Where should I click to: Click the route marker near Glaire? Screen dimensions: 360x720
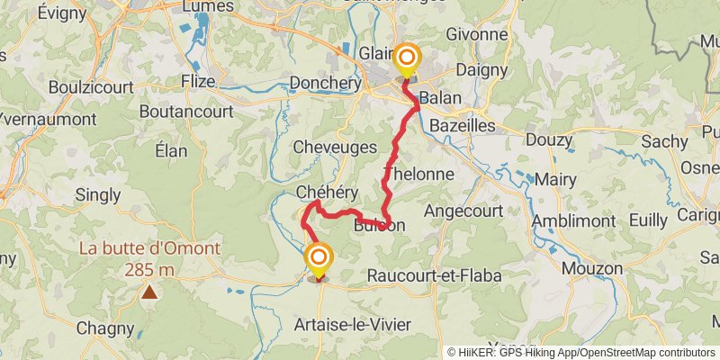click(x=407, y=60)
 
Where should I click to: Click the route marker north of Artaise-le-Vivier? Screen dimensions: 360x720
click(x=319, y=260)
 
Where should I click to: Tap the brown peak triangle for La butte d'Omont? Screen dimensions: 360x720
click(x=148, y=292)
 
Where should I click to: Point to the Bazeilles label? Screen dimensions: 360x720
click(x=463, y=125)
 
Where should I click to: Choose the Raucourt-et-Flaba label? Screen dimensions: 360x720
click(x=434, y=275)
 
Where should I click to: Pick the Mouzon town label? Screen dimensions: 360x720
click(x=591, y=268)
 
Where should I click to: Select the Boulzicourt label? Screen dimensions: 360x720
click(x=92, y=88)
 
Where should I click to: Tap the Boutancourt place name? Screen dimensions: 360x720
click(x=187, y=112)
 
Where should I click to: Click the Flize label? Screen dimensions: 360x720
click(x=197, y=81)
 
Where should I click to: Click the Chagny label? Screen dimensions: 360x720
click(x=104, y=328)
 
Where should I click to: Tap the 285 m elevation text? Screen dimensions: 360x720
click(x=148, y=269)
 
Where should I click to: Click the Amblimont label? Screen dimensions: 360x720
click(x=572, y=221)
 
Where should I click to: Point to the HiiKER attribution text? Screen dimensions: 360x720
click(x=581, y=352)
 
